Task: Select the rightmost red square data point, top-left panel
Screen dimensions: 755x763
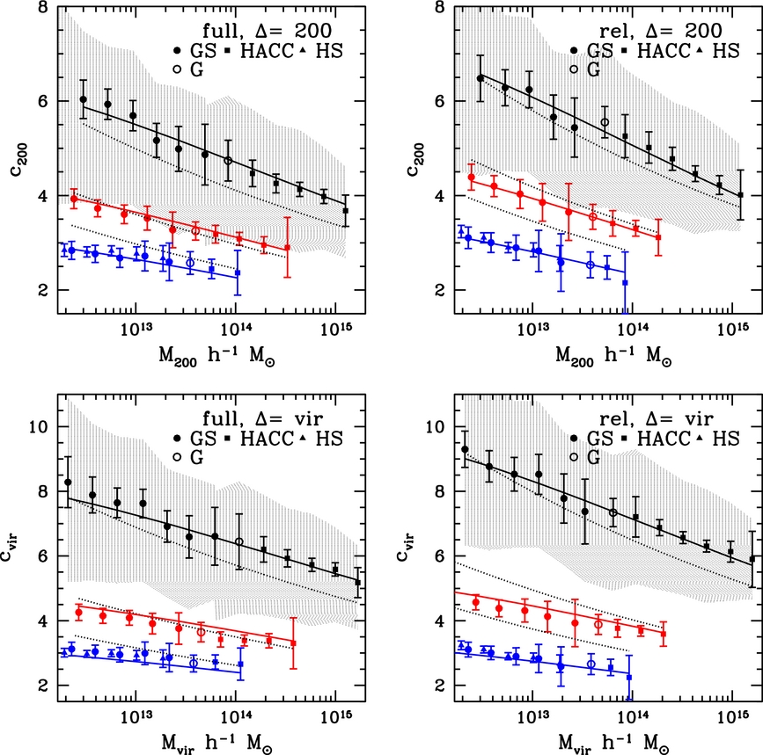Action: coord(287,248)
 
